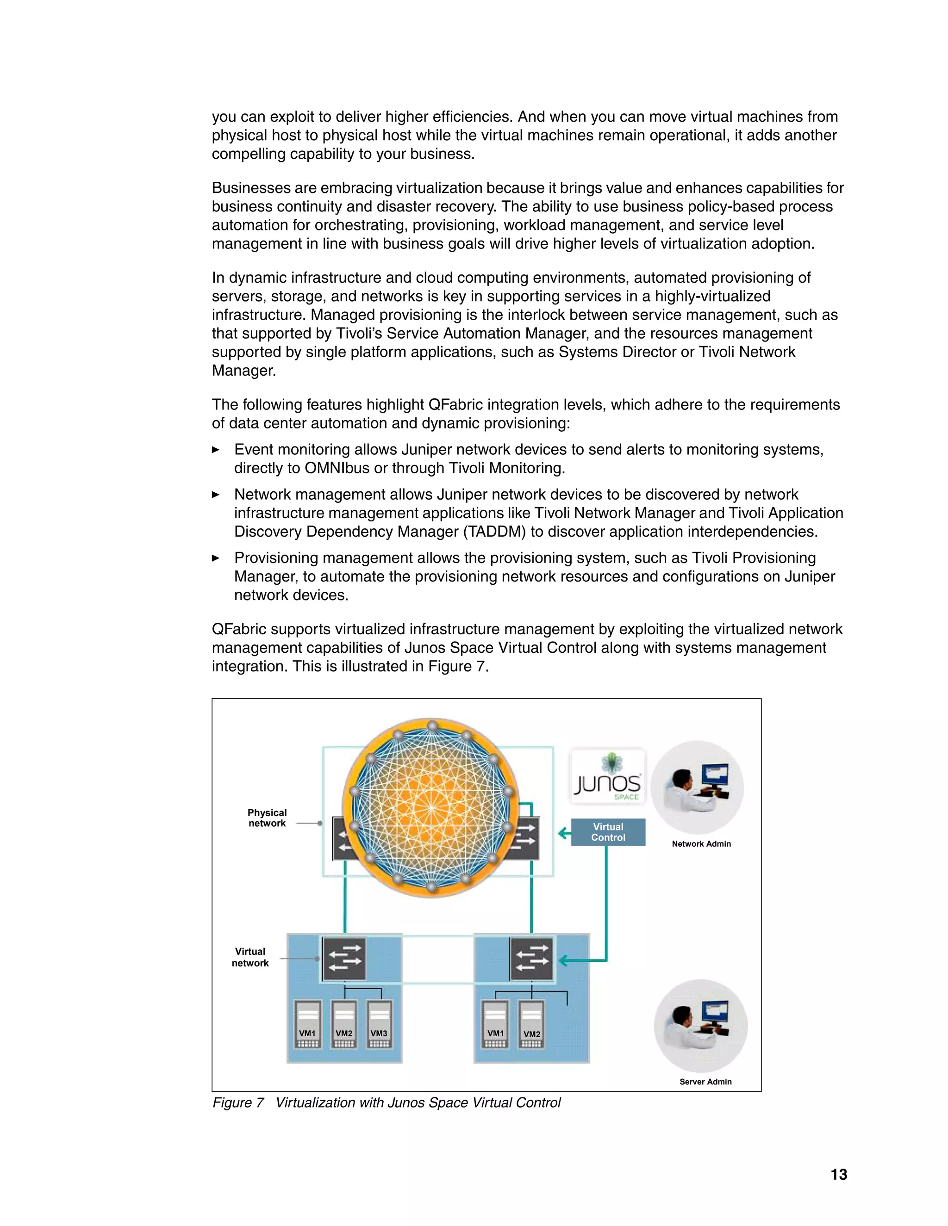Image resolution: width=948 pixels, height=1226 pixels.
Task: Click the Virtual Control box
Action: [x=608, y=832]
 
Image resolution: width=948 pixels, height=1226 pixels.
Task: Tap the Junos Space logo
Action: [x=608, y=778]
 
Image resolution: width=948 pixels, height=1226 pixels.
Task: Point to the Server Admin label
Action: [x=705, y=1082]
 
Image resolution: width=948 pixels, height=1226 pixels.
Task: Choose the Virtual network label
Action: [x=250, y=957]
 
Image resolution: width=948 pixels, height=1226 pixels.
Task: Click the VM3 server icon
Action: [x=379, y=1024]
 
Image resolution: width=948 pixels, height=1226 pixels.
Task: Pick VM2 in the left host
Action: [x=344, y=1024]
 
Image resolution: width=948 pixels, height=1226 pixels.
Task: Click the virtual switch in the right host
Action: [x=531, y=959]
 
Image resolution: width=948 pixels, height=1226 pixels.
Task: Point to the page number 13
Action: [x=838, y=1174]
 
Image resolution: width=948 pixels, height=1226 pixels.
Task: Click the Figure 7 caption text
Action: [x=387, y=1103]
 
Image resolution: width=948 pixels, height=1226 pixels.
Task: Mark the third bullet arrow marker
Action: [x=216, y=558]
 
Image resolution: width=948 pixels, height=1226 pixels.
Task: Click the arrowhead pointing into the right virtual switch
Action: [x=563, y=960]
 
